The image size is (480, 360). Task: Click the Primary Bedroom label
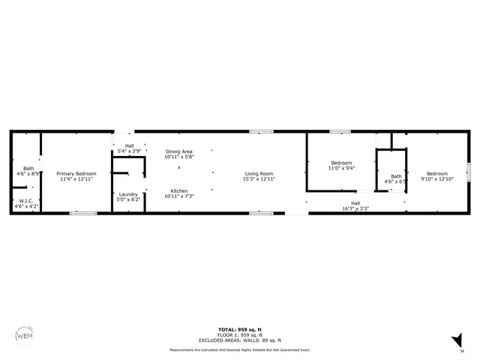76,173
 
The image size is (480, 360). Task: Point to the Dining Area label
179,152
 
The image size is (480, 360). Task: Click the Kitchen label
179,190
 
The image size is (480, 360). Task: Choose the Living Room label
259,173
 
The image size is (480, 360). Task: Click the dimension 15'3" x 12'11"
259,179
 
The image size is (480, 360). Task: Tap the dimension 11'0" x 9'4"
341,168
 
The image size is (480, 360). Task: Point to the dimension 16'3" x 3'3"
355,208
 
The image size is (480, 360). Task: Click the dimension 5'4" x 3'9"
129,151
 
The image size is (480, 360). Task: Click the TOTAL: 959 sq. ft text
239,330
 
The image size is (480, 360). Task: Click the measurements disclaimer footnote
239,350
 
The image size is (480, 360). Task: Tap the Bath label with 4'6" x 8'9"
28,168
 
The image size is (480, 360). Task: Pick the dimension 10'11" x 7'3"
179,196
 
